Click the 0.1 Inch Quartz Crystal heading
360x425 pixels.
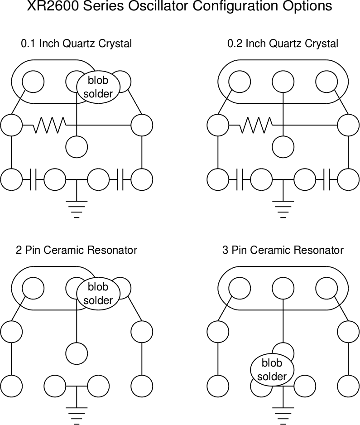click(77, 43)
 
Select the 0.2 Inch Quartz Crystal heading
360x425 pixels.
click(283, 43)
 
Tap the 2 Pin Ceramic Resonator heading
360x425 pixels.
click(77, 250)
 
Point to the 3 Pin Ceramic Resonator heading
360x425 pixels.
click(283, 250)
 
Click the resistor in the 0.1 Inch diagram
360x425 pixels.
click(49, 125)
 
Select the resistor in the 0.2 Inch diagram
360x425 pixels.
click(256, 125)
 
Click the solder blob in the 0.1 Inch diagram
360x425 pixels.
click(98, 87)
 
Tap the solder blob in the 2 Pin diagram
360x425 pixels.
click(98, 294)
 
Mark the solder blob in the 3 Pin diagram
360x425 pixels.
click(272, 370)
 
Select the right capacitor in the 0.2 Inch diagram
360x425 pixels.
click(326, 179)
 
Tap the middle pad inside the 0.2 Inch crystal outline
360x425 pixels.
click(283, 82)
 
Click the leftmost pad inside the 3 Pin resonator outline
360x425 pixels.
click(240, 288)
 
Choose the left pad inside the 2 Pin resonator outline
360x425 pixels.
click(33, 288)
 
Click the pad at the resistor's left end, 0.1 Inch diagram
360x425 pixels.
click(11, 125)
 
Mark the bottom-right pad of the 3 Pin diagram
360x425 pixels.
click(348, 386)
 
